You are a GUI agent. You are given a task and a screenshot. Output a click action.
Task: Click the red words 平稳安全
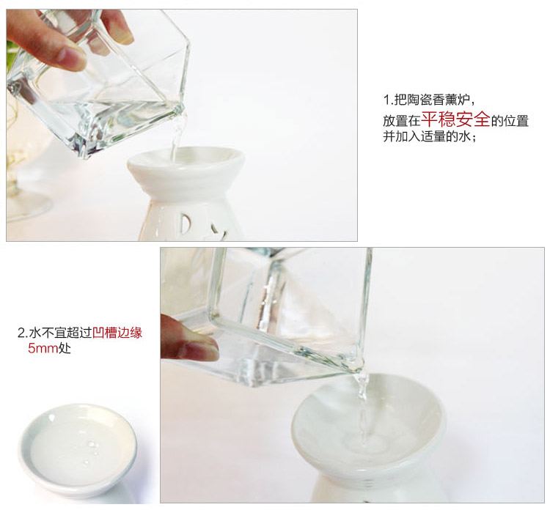[x=455, y=119]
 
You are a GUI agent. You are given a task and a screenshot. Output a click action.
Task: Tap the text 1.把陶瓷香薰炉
[x=428, y=100]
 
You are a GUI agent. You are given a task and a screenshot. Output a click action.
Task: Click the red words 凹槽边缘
[x=117, y=332]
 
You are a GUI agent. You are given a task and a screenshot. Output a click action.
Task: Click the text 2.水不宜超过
[x=55, y=332]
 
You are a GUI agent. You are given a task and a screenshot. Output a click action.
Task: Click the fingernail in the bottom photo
[x=202, y=351]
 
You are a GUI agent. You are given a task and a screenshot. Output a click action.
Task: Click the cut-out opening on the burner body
[x=186, y=224]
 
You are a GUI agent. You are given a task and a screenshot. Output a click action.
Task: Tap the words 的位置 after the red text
[x=510, y=121]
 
